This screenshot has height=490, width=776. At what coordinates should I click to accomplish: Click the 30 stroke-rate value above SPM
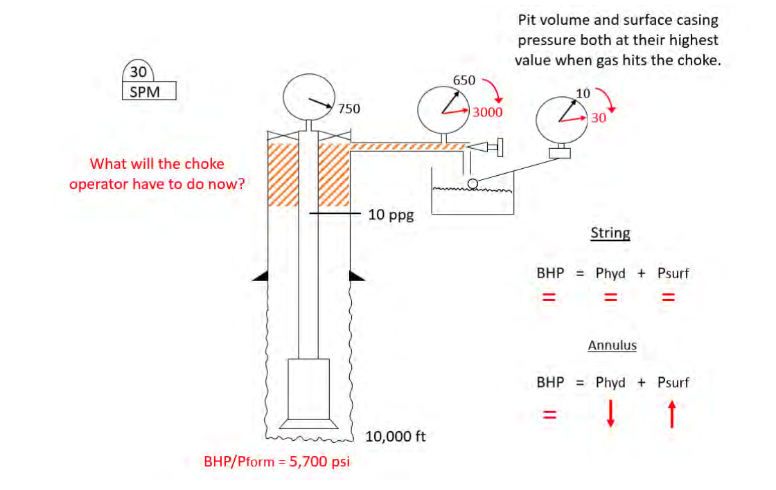139,72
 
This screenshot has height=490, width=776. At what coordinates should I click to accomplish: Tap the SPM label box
149,91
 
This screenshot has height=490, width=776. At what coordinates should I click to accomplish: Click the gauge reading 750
349,109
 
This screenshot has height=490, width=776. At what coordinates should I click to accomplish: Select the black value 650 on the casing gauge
464,80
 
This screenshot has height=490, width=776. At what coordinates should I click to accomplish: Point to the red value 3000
488,112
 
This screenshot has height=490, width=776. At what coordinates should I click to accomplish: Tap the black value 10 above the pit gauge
583,93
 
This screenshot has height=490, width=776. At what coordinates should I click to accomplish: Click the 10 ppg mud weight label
391,215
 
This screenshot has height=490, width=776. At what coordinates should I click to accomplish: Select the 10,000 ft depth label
395,437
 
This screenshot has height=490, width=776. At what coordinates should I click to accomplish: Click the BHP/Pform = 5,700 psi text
276,462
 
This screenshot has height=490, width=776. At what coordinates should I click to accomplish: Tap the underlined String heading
610,233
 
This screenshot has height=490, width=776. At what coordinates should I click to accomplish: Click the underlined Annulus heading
612,345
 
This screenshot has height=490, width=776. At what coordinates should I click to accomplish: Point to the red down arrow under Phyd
610,415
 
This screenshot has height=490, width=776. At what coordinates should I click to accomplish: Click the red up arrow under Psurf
671,415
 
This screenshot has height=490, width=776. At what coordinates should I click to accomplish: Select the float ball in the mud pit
472,183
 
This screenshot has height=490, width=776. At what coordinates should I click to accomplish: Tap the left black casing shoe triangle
260,276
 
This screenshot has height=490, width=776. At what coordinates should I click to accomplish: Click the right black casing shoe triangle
355,276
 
